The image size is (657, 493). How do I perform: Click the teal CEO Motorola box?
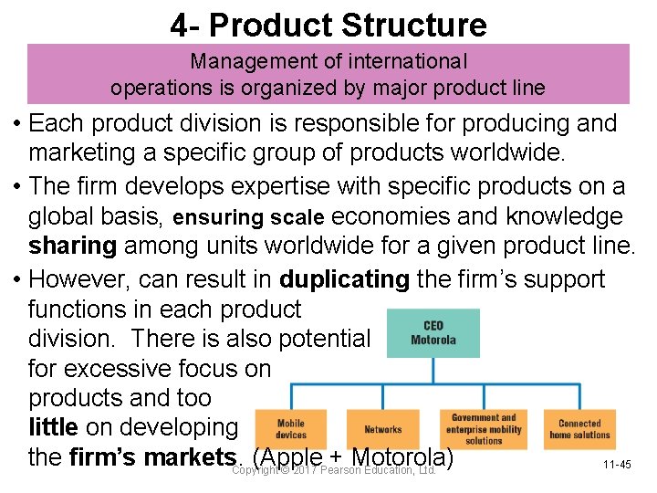433,333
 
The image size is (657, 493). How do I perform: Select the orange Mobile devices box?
291,429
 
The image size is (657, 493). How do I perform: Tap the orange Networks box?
382,429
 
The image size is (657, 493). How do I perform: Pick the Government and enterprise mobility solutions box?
484,429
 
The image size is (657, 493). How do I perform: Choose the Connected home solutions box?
579,429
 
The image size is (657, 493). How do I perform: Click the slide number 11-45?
617,465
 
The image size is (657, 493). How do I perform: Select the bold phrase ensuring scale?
248,218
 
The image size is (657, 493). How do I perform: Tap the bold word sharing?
72,246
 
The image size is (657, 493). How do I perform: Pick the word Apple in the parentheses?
293,456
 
